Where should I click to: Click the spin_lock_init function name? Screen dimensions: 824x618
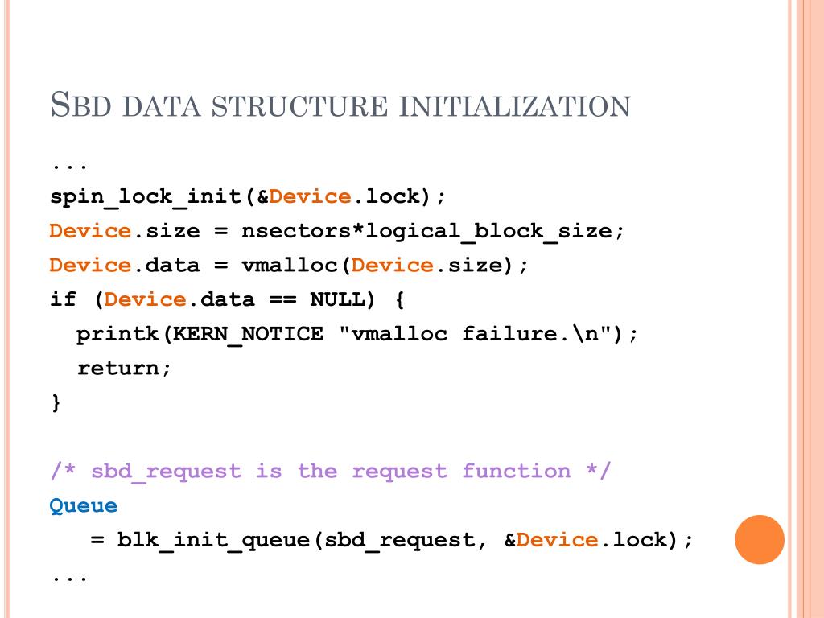(x=146, y=196)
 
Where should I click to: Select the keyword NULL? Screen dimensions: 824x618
(x=337, y=300)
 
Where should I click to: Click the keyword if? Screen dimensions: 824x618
(x=63, y=300)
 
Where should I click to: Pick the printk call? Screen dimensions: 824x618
(x=117, y=334)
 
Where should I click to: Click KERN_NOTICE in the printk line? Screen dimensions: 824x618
(x=248, y=334)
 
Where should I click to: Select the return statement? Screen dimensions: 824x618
(x=124, y=369)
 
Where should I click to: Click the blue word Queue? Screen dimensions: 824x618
(x=84, y=506)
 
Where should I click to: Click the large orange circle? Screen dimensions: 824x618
(x=760, y=539)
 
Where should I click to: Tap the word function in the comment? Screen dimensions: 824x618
(x=516, y=472)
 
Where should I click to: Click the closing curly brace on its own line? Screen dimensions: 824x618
(x=56, y=402)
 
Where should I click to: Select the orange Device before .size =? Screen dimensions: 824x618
(x=90, y=231)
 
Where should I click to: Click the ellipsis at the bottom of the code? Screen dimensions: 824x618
(x=70, y=576)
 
